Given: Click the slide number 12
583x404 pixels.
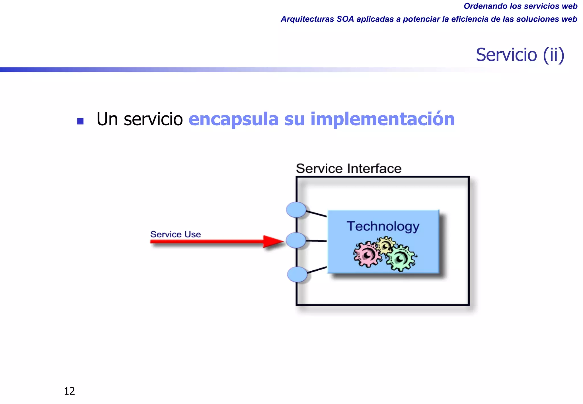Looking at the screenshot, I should [69, 391].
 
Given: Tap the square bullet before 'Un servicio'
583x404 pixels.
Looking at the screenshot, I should [80, 121].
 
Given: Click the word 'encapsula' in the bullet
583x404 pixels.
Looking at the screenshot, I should [233, 119].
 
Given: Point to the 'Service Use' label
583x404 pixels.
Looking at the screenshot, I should [175, 234].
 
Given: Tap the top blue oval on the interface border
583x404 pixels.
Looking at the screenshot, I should [296, 210].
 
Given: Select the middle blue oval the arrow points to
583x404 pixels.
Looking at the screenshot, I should [296, 240].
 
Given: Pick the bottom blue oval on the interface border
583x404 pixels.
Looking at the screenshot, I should [297, 274].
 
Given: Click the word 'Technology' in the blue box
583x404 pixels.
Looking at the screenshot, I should [383, 227].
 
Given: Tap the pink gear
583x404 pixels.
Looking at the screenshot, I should [367, 254].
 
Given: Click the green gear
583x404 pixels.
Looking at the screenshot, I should [401, 258].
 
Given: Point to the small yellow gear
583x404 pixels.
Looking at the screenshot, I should [386, 244].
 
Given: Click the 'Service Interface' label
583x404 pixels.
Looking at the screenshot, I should [349, 168].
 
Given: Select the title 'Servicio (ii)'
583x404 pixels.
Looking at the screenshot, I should [520, 55].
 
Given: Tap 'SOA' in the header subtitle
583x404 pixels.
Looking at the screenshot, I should [345, 19].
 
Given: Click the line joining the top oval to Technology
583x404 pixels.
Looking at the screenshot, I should [317, 213].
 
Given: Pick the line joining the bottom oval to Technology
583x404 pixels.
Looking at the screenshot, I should [317, 270].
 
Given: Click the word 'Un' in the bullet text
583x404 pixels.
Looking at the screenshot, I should [107, 119].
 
